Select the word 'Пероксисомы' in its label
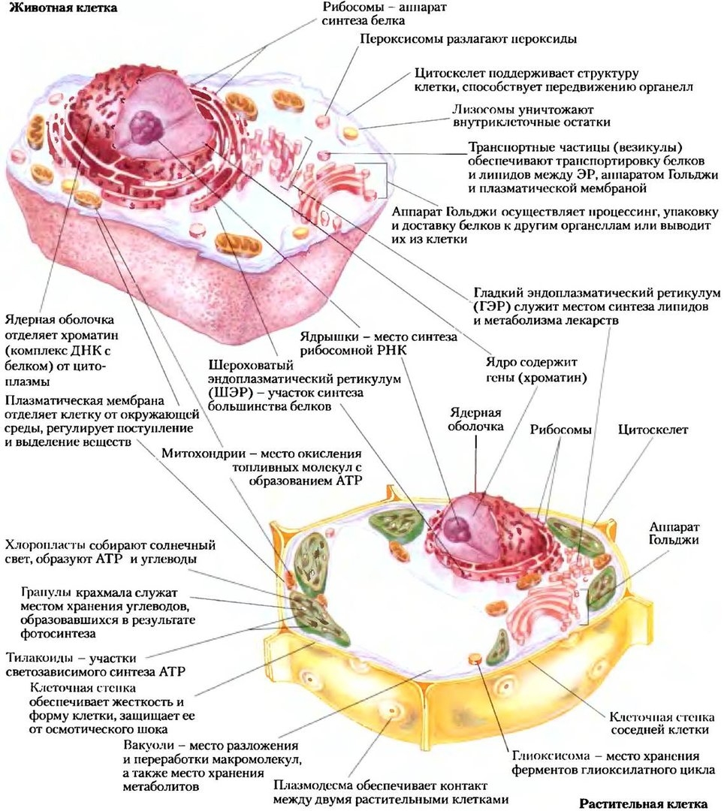tap(399, 38)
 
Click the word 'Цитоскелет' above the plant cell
tap(653, 430)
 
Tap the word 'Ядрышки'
tap(328, 337)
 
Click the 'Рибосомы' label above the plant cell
tap(560, 430)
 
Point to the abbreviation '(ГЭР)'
tap(492, 306)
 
